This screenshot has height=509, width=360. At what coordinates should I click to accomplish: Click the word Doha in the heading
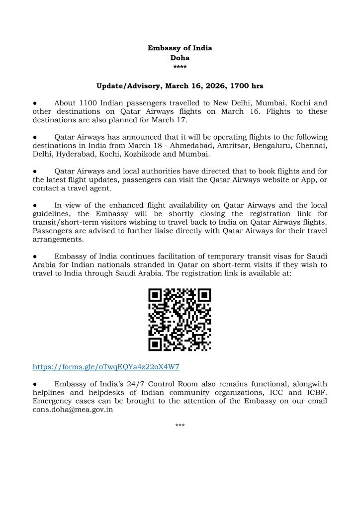[x=180, y=58]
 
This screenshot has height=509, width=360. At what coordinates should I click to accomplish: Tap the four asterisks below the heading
[x=180, y=67]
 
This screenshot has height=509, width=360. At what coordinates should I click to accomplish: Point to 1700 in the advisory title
[x=241, y=86]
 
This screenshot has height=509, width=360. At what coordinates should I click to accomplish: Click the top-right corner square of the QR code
[x=203, y=296]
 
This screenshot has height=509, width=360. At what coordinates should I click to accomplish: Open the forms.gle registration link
[x=106, y=367]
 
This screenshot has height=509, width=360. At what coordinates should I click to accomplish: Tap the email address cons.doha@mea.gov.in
[x=73, y=410]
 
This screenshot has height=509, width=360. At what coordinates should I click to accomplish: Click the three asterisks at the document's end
[x=180, y=426]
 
